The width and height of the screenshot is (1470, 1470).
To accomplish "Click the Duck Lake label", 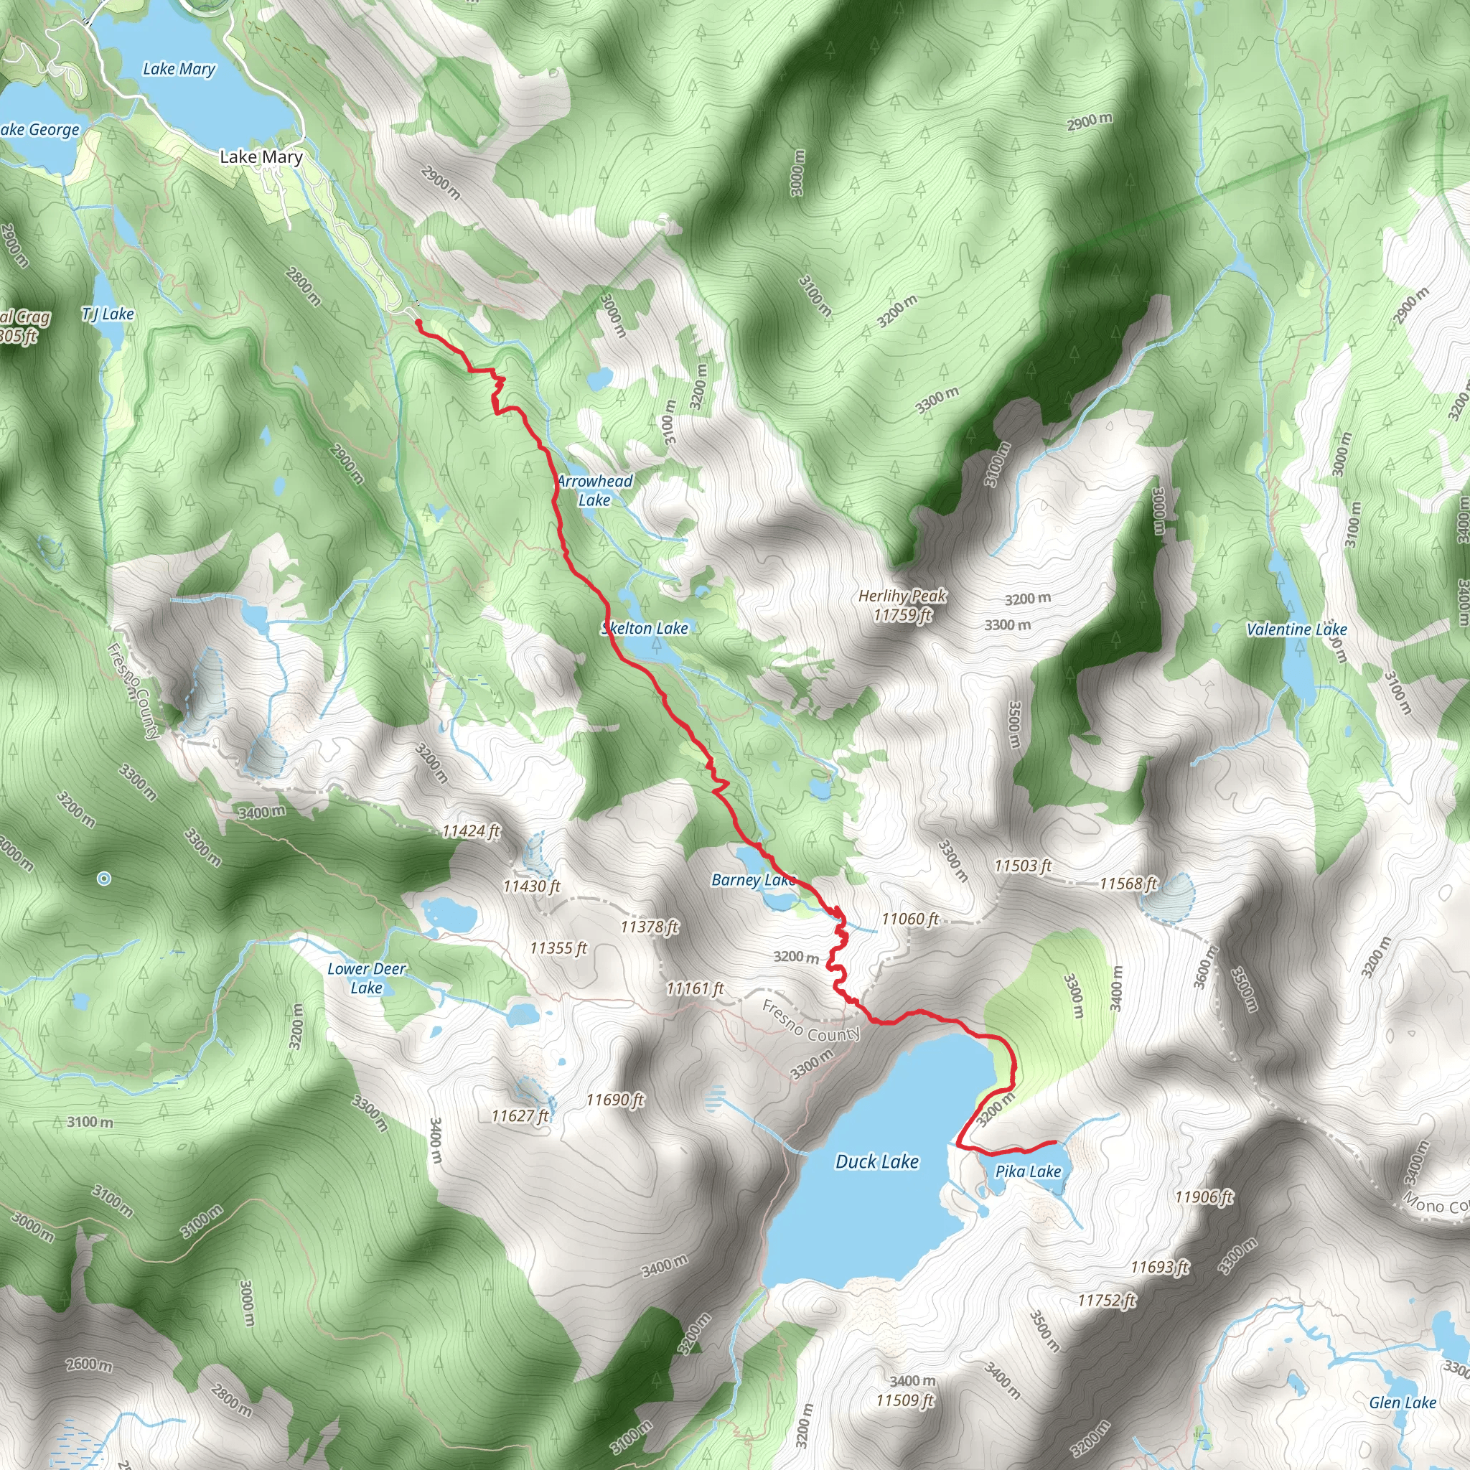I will (876, 1162).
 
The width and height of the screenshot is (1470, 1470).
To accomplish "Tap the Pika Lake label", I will (1028, 1171).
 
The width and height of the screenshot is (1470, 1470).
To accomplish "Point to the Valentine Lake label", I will (1296, 629).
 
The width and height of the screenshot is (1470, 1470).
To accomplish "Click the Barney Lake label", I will (753, 880).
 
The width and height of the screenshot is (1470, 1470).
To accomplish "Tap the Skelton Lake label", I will (645, 628).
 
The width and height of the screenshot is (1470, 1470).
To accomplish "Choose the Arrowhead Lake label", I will (595, 490).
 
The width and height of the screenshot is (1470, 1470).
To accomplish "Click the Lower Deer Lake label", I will (367, 978).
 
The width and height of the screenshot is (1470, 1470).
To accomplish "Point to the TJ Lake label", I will (108, 314).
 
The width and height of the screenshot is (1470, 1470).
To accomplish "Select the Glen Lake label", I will (1403, 1403).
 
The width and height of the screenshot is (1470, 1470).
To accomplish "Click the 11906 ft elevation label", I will (1203, 1197).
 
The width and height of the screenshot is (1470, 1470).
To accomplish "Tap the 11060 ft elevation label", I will (910, 919).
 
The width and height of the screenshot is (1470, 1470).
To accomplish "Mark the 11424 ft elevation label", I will (471, 832).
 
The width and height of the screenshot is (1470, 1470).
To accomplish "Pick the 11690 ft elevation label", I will (615, 1100).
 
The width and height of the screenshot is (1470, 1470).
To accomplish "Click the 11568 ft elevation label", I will (1128, 884).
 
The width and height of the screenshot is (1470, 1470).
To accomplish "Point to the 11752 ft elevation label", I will (1107, 1301).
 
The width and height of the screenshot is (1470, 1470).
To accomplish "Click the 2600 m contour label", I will (90, 1364).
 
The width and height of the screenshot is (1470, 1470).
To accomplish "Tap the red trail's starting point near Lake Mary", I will (418, 322).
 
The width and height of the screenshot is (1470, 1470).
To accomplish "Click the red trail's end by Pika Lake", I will (1054, 1142).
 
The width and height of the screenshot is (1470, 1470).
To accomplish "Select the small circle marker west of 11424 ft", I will (104, 879).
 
